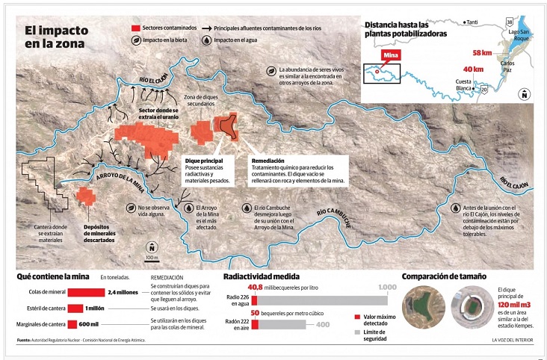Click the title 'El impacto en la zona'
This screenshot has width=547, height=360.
[x=55, y=37]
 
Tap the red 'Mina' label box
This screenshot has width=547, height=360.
[x=391, y=55]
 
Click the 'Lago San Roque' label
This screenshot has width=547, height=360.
[x=522, y=37]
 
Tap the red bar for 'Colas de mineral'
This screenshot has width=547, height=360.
[x=85, y=293]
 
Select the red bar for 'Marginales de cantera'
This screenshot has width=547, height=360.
[x=72, y=324]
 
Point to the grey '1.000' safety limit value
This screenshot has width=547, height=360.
[x=387, y=288]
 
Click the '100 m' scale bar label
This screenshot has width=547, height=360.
[x=152, y=258]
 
